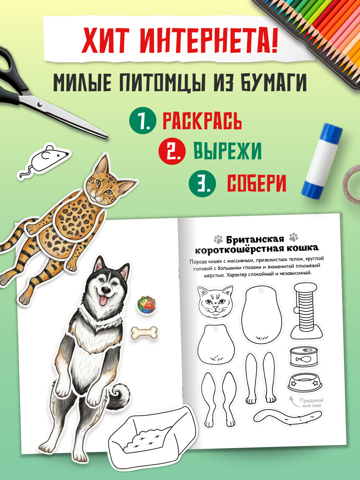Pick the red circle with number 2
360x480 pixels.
tap(172, 152)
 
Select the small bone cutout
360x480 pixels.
tap(144, 332)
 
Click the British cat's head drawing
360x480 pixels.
tap(216, 301)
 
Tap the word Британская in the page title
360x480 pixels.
tap(255, 240)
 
